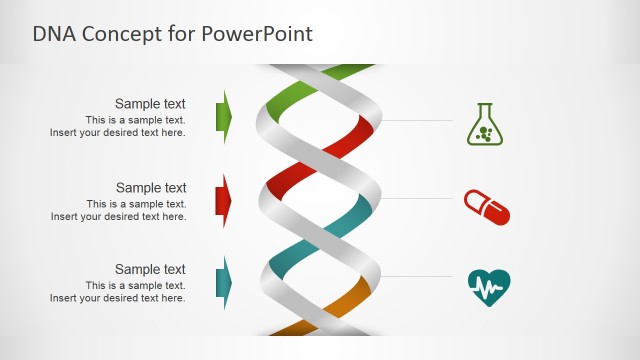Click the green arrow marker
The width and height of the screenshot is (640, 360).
(x=224, y=116)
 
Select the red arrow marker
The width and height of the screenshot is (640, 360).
(x=224, y=200)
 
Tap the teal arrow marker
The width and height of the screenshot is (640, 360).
(x=224, y=283)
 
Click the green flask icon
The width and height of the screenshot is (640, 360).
(x=485, y=124)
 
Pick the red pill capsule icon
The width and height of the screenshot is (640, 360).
(x=487, y=207)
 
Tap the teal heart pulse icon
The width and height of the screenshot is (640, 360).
(x=489, y=288)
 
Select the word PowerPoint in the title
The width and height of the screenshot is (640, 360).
(x=258, y=34)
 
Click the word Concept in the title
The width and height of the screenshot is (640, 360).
(x=116, y=34)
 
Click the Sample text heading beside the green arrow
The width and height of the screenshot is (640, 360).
(x=150, y=103)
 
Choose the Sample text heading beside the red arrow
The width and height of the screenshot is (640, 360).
(x=150, y=187)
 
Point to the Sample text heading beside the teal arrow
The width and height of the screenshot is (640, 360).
(x=150, y=269)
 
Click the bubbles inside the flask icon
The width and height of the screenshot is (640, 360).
(x=486, y=132)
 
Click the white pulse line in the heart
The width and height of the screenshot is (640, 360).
(x=489, y=289)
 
